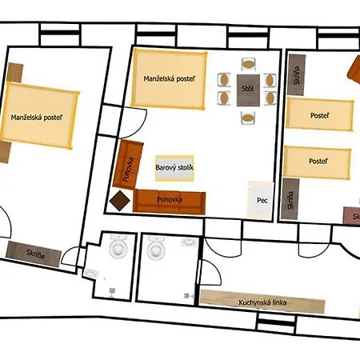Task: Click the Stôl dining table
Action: (248, 90)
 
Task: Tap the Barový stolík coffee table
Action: (174, 168)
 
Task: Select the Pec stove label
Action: (262, 201)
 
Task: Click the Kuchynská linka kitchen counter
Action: (262, 302)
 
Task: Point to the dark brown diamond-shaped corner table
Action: (120, 201)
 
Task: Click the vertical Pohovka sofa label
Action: (128, 170)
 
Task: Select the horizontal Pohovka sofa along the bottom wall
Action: (170, 202)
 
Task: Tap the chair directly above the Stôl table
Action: (248, 65)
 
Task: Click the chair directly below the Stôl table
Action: (248, 118)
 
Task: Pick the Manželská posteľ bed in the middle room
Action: (169, 78)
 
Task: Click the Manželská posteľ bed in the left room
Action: (38, 116)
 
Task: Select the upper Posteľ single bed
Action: (320, 114)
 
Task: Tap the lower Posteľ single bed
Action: (317, 162)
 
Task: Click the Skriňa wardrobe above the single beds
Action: (296, 75)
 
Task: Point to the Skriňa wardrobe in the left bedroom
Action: (34, 254)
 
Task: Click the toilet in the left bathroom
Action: (118, 247)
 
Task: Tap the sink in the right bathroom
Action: (189, 242)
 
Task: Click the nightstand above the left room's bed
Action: (15, 73)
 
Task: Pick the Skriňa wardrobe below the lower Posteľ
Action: (290, 199)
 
